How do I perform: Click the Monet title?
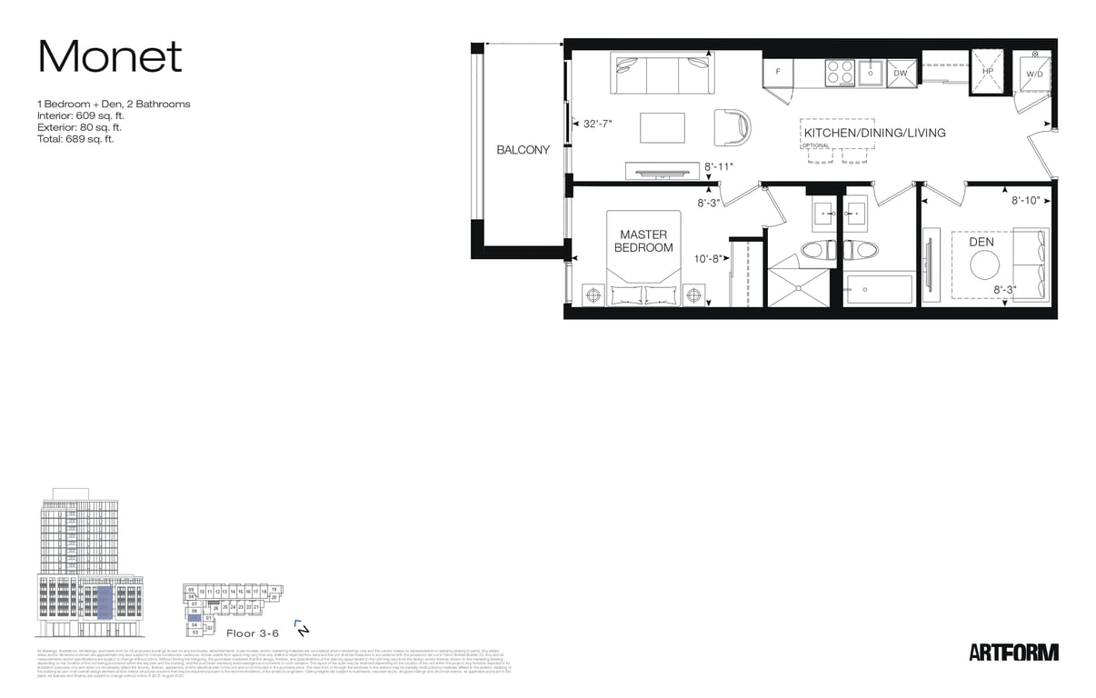[x=110, y=57]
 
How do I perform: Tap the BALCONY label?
[x=523, y=150]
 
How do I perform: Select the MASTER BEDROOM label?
[x=643, y=241]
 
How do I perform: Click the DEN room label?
[x=981, y=243]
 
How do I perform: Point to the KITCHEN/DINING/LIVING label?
[x=874, y=133]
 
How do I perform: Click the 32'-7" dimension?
[x=597, y=123]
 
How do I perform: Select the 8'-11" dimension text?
[x=718, y=167]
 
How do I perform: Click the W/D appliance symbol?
[x=1034, y=74]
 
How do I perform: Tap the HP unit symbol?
[x=987, y=71]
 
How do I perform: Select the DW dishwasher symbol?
[x=900, y=73]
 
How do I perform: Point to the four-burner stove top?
[x=840, y=72]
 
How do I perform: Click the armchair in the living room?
[x=732, y=127]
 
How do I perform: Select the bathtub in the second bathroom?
[x=879, y=290]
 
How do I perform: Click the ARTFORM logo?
[x=1013, y=652]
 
